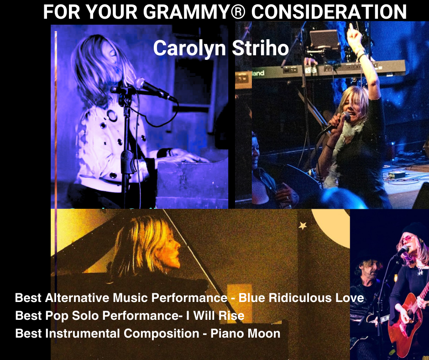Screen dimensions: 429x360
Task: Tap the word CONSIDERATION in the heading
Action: tap(329, 12)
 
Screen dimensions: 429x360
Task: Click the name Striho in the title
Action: tap(260, 48)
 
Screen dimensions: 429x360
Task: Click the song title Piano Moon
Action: tap(246, 334)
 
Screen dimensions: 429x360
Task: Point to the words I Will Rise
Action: tap(215, 316)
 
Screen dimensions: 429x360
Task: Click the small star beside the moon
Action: tap(302, 226)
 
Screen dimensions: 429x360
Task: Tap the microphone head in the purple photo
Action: tap(139, 83)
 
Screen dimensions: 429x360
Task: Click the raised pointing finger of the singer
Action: tap(351, 28)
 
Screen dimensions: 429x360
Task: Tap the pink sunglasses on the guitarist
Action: tap(408, 238)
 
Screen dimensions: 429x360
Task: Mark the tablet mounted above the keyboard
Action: tap(324, 40)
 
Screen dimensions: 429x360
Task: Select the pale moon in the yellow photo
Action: tap(331, 222)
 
